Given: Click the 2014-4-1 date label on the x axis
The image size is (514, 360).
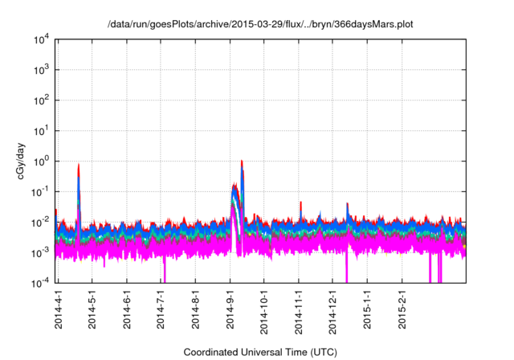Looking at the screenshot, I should tap(59, 309).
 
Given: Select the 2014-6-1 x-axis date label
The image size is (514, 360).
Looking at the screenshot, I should tap(127, 309).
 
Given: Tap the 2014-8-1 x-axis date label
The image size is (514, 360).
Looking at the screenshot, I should tap(196, 309).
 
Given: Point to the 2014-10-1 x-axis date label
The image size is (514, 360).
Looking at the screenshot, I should tap(264, 309).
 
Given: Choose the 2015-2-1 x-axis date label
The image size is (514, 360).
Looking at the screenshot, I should tap(402, 309).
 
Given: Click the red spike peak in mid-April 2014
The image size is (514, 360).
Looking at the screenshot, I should tap(79, 165).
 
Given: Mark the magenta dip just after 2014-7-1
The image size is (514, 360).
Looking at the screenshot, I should tap(164, 269).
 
